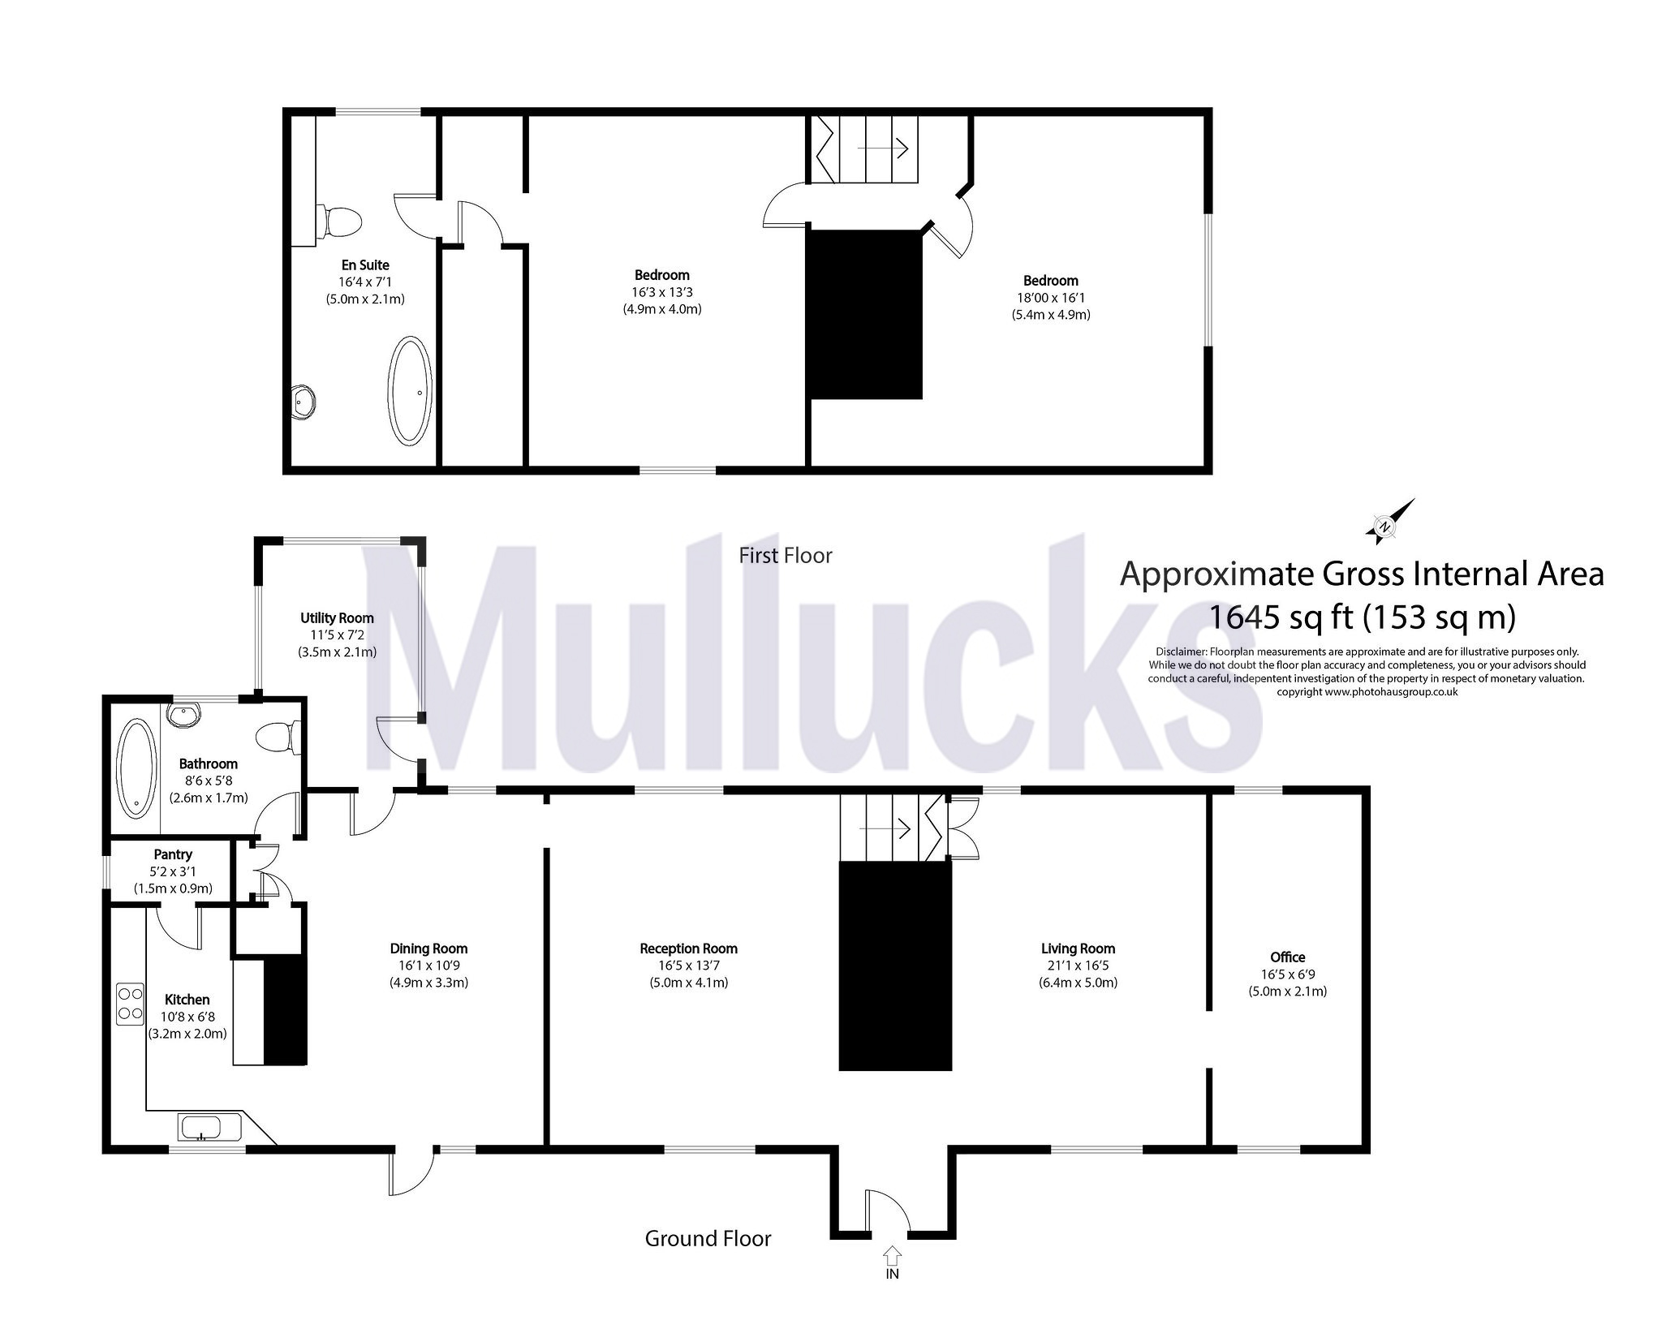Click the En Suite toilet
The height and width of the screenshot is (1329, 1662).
(340, 221)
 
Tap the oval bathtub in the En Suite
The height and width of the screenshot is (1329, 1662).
(411, 390)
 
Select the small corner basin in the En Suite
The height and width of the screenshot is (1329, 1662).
(304, 400)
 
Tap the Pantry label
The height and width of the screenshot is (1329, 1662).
(173, 854)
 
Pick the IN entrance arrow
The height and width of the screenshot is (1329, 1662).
(892, 1279)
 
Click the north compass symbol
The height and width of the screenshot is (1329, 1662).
(1390, 522)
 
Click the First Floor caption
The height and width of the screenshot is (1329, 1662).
(785, 555)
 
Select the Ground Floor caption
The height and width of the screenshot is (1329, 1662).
(708, 1238)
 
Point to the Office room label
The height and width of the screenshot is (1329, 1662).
(1287, 957)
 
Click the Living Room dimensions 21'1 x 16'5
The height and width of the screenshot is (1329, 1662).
(1078, 966)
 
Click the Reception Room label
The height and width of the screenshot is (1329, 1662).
(688, 948)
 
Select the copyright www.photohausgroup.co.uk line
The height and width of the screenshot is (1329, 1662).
(1367, 692)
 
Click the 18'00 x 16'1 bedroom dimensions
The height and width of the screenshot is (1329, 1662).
(1050, 298)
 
